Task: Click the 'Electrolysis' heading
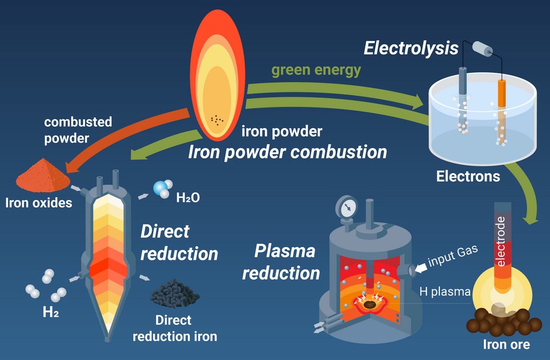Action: [x=410, y=48]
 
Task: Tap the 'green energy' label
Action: [x=316, y=70]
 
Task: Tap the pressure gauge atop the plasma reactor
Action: [x=346, y=206]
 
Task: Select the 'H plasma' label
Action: [x=445, y=292]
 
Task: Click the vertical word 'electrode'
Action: [x=501, y=242]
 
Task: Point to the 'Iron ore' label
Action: [x=506, y=345]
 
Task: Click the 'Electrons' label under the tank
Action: [x=468, y=176]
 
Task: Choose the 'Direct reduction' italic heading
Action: [x=179, y=242]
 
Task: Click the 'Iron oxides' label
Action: [x=38, y=202]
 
